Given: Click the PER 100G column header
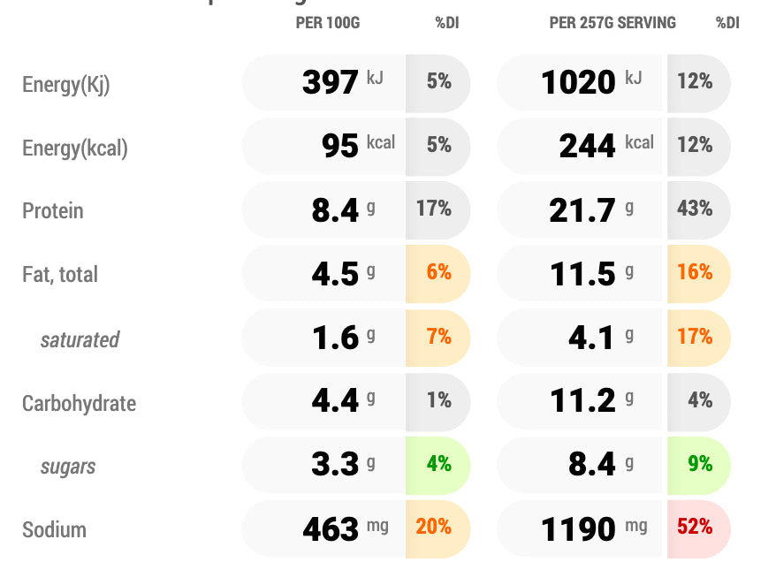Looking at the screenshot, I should (327, 23).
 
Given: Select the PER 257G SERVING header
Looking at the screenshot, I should (612, 23).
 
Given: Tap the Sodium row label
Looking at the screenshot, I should (54, 530).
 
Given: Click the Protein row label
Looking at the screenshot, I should (53, 211).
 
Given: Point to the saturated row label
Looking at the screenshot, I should (80, 339).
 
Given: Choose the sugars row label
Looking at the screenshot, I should (68, 467).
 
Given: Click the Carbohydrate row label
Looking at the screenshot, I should (79, 404).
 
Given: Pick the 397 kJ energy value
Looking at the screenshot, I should (331, 82).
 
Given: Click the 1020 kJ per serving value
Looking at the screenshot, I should (579, 82).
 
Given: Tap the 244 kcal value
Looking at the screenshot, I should (587, 145).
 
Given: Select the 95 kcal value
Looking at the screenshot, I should (340, 145).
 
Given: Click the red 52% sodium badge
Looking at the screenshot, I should (696, 528).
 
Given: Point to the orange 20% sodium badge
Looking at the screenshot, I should (434, 528).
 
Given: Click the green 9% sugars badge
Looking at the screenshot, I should (699, 463).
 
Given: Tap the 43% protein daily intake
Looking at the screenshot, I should (696, 209).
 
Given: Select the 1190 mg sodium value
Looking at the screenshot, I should (579, 529).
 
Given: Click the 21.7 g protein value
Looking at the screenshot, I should (582, 210).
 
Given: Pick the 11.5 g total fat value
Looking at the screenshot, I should (582, 274).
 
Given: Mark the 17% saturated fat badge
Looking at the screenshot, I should (696, 337).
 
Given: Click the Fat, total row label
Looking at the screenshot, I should (60, 275).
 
